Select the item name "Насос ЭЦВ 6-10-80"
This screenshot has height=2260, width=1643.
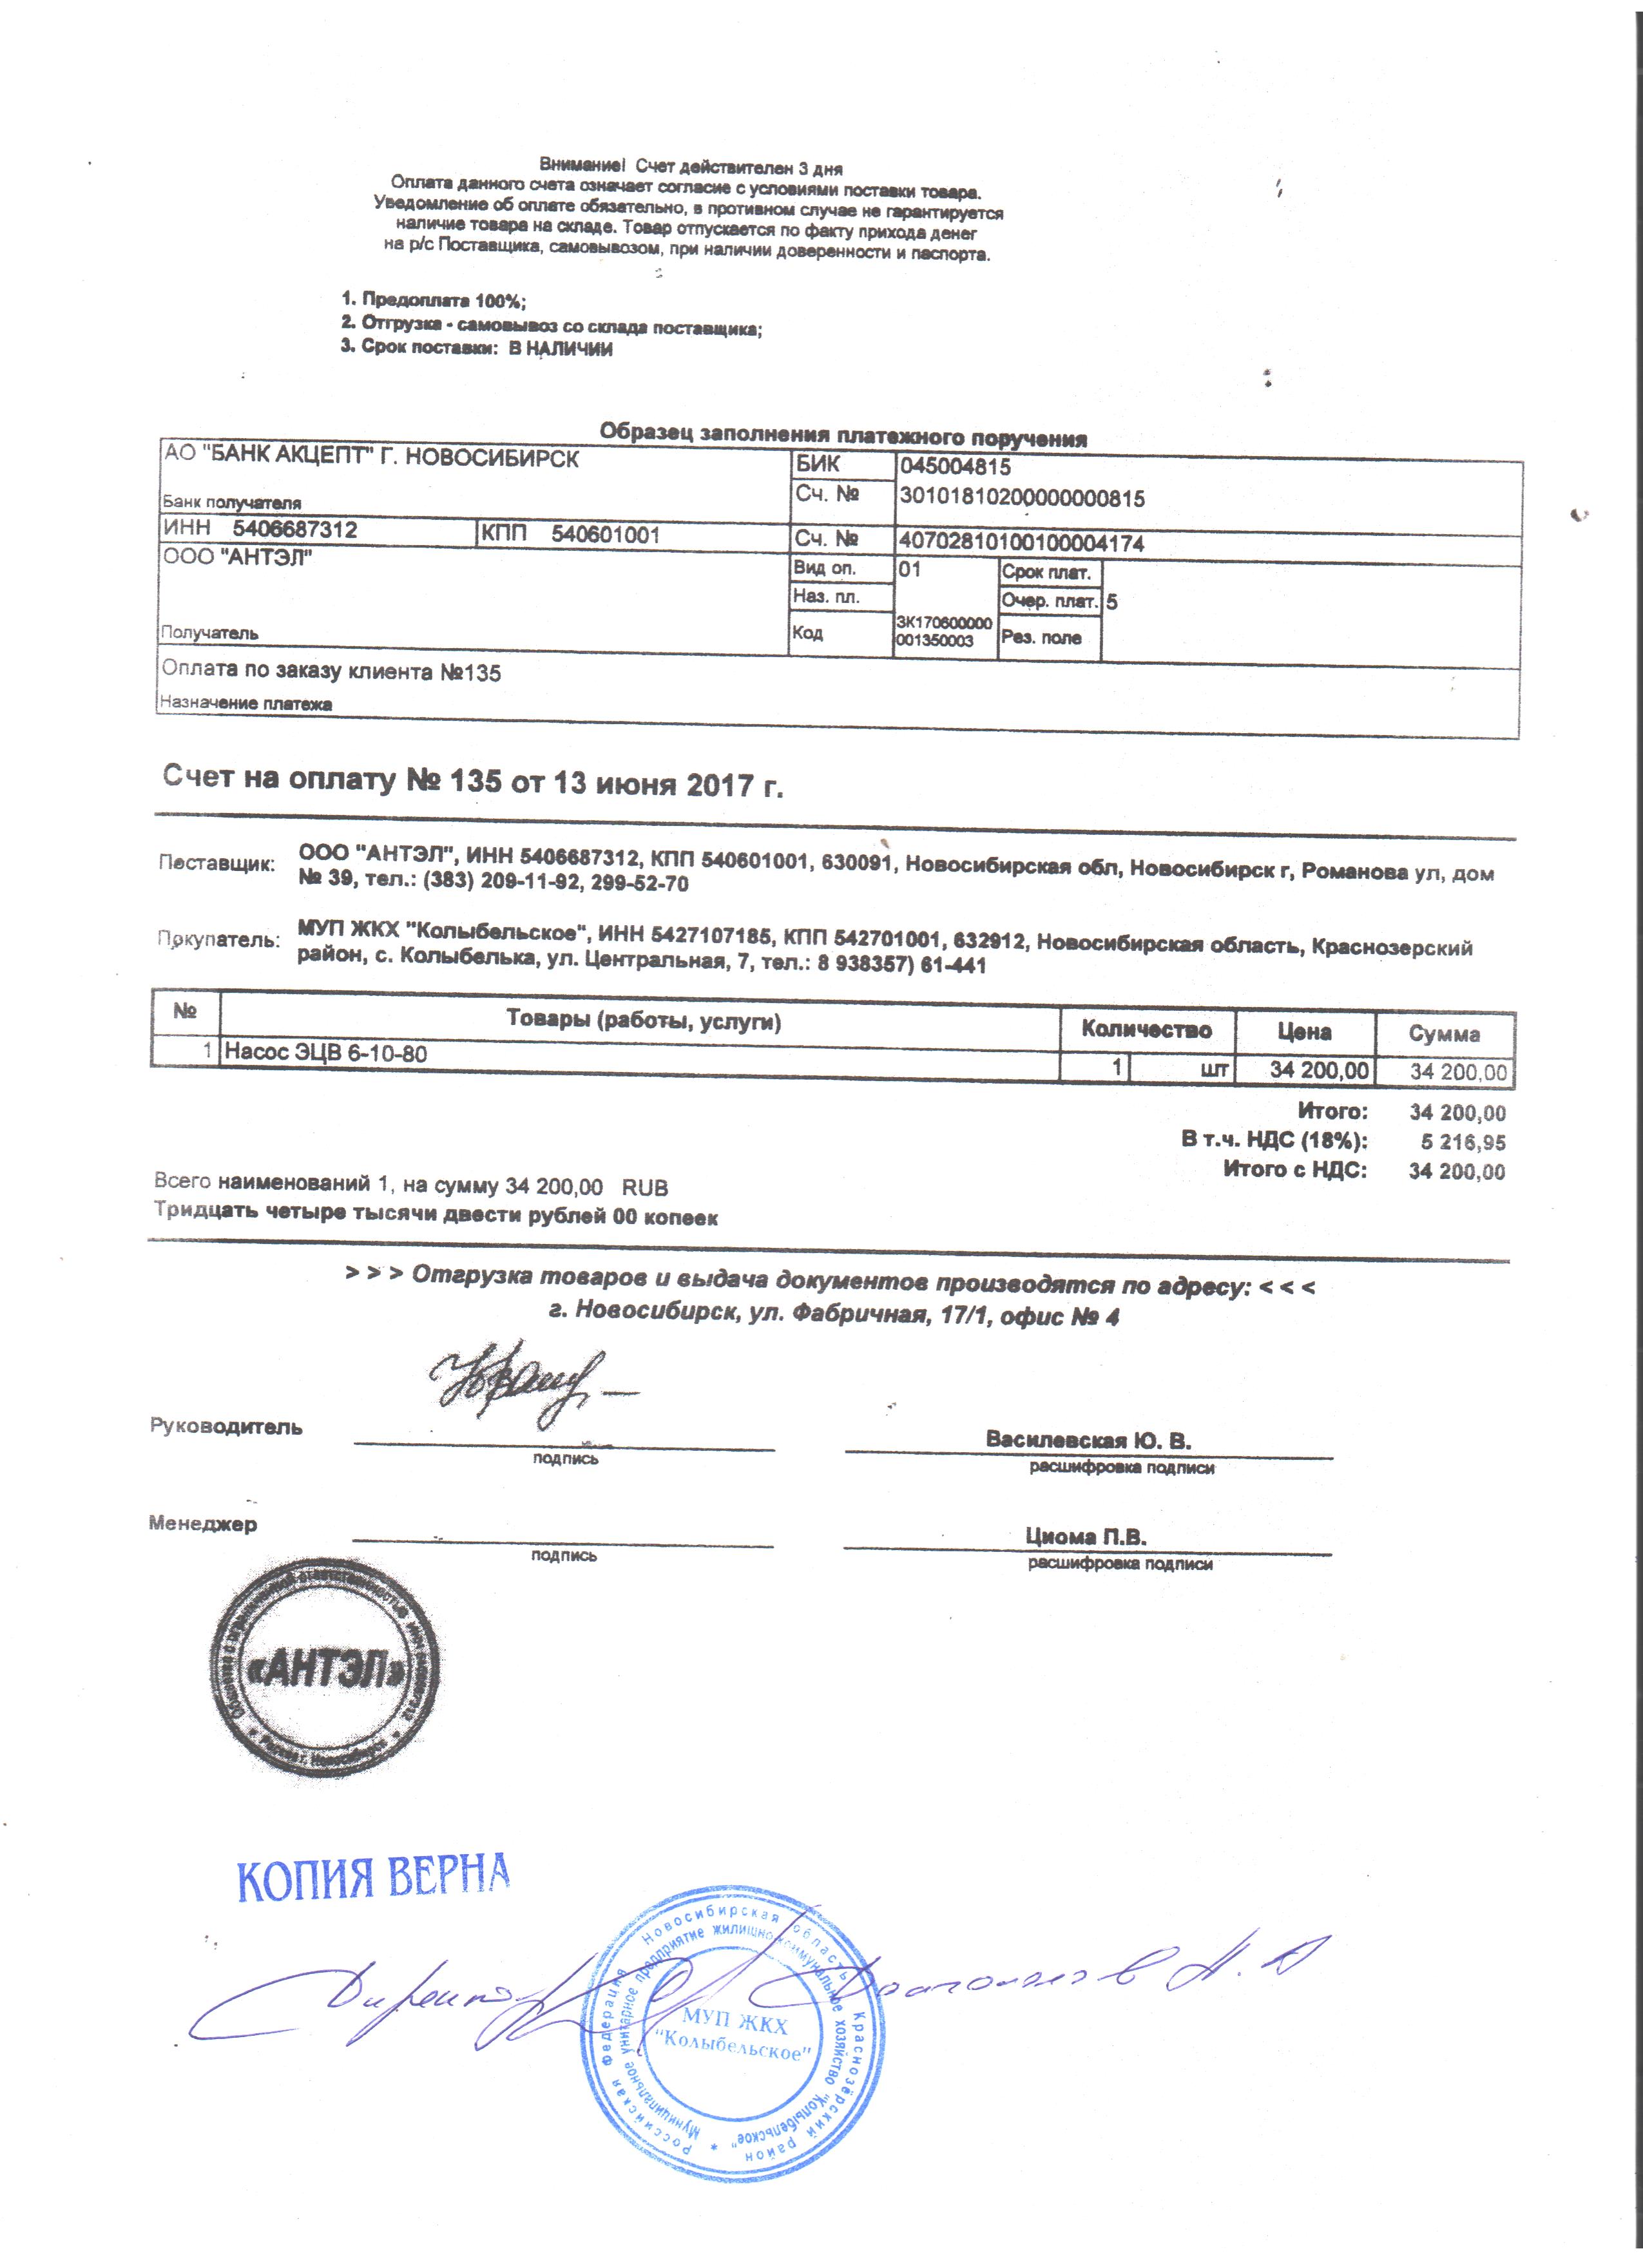326,1052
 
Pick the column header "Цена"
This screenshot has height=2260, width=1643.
1303,1031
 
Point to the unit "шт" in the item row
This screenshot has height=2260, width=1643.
1215,1070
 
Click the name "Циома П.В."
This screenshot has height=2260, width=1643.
1086,1536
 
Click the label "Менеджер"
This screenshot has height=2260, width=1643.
202,1524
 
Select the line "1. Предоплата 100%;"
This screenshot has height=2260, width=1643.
434,300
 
